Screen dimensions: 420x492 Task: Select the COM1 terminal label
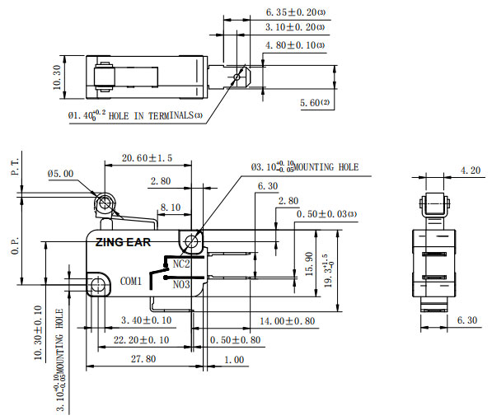point(131,281)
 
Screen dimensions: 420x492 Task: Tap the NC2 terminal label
point(181,264)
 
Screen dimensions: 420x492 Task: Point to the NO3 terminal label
point(181,284)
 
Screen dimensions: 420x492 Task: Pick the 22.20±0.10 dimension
point(131,339)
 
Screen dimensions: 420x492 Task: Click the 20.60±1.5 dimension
point(147,158)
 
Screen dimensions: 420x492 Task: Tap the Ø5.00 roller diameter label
point(61,174)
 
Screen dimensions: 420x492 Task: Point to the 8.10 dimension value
point(171,208)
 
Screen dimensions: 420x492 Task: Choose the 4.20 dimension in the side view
point(470,170)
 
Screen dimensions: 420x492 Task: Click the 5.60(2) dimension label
point(315,102)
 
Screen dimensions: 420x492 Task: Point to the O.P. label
point(15,245)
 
